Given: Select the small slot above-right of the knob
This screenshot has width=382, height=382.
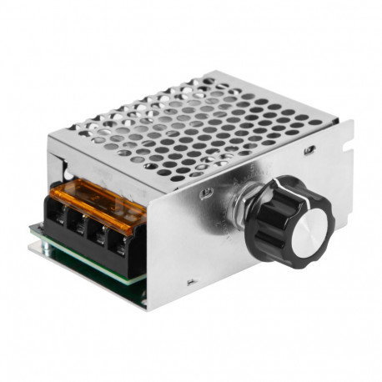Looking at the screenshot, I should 310,151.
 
